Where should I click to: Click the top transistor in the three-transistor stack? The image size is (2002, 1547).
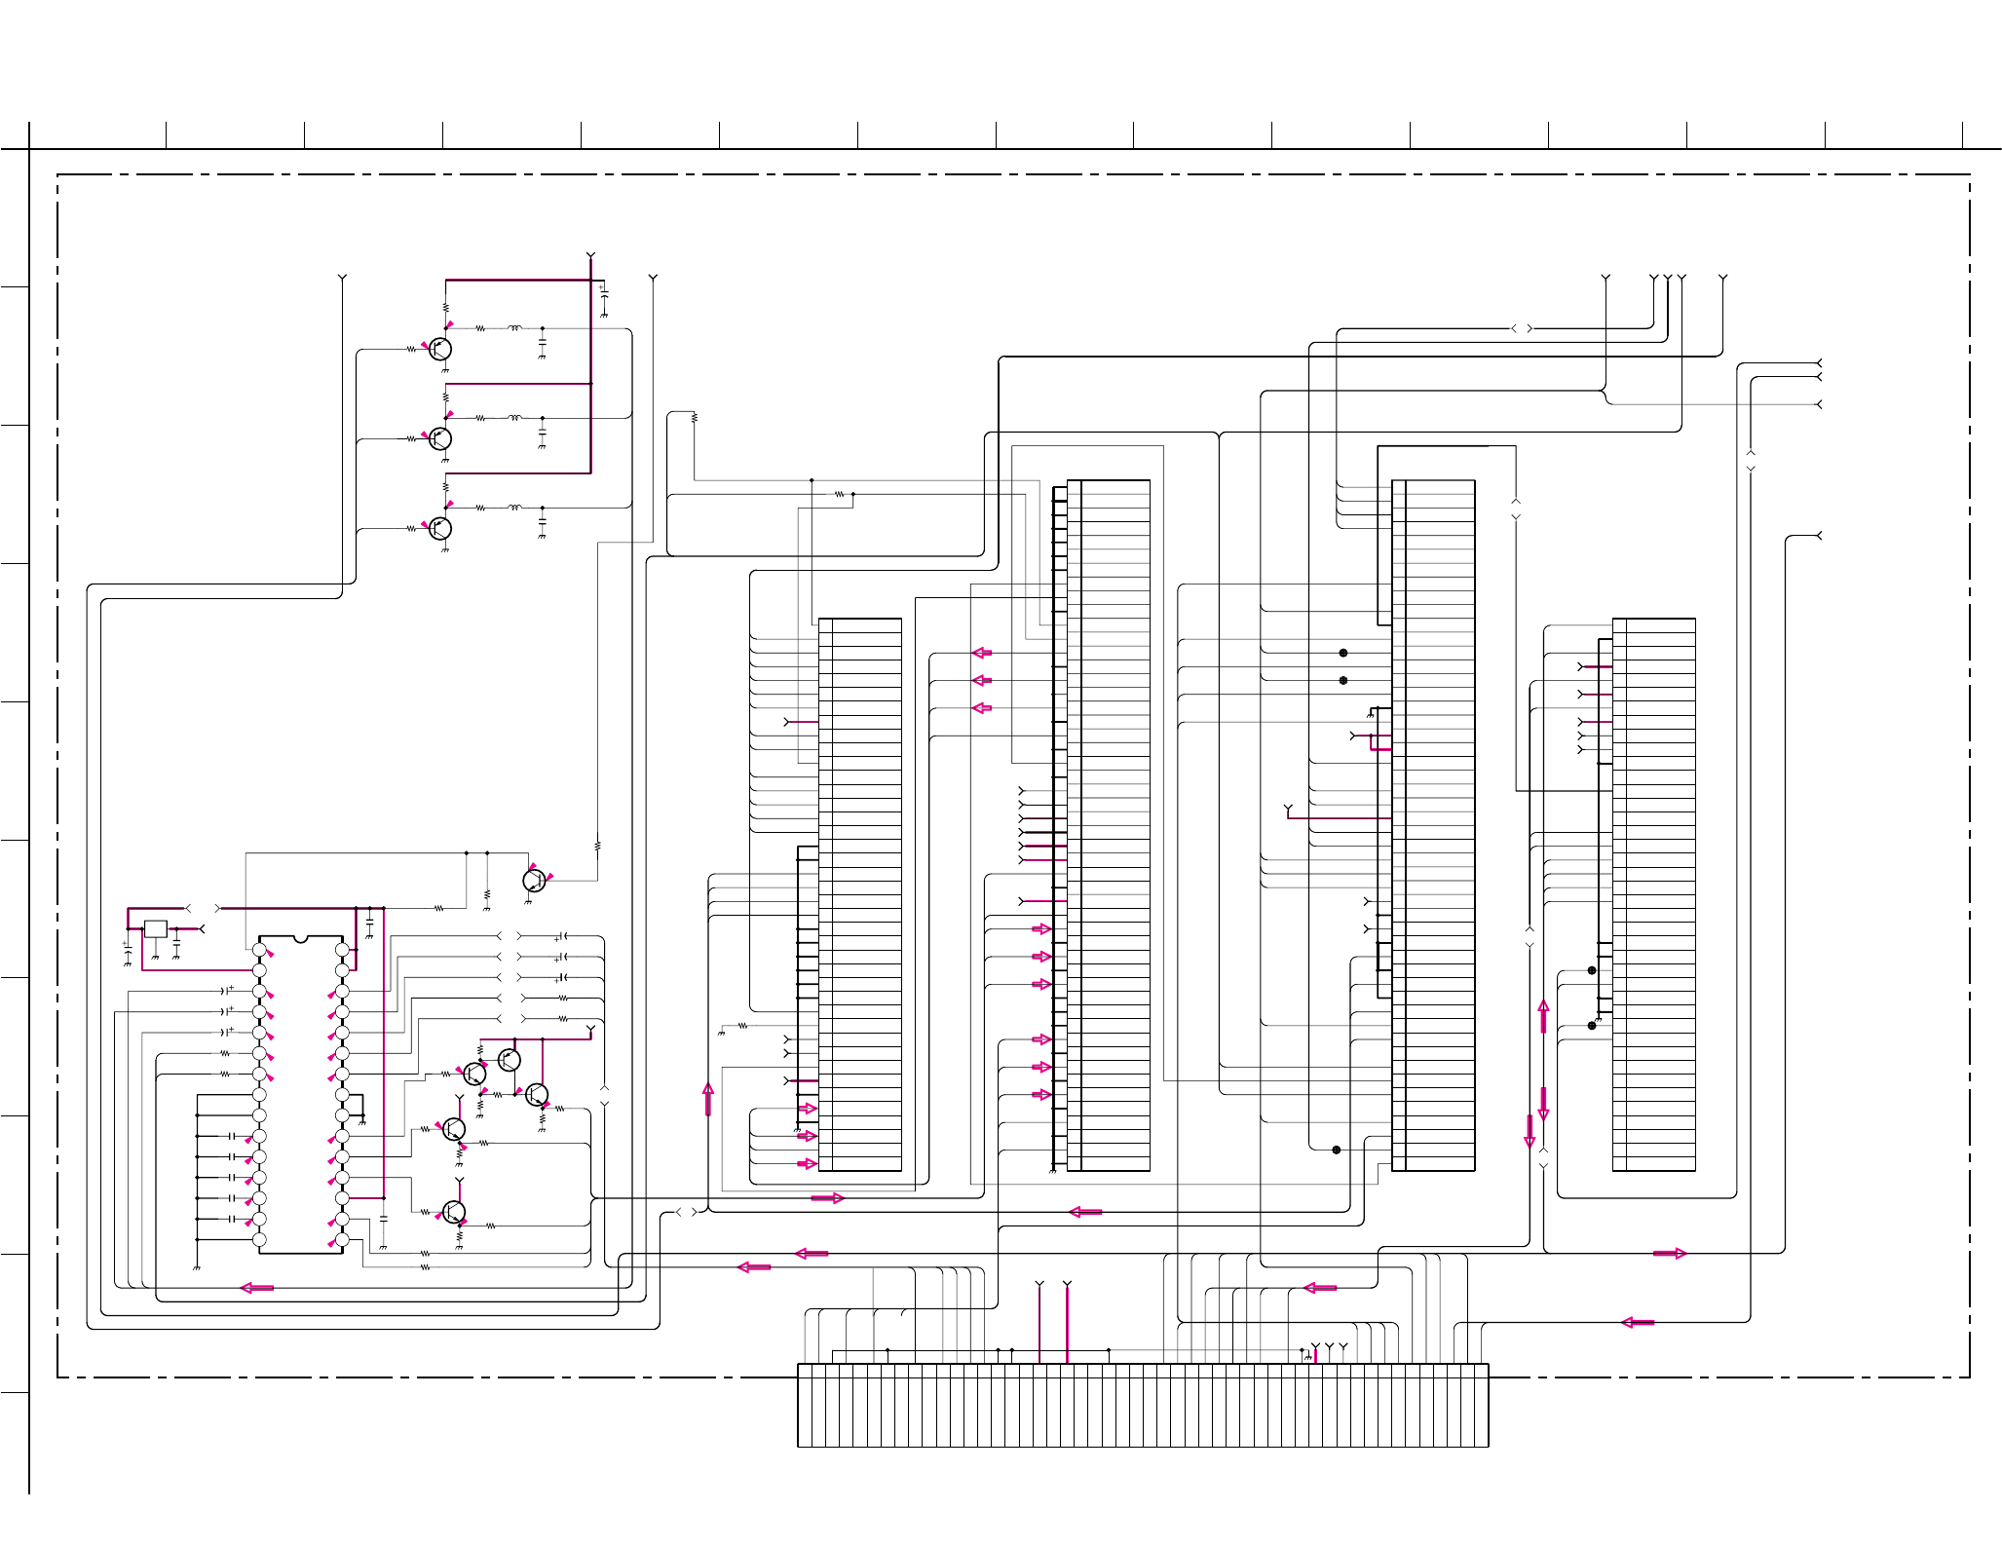440,349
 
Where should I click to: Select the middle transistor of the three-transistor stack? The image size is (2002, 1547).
440,438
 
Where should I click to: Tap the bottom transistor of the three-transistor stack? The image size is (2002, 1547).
440,529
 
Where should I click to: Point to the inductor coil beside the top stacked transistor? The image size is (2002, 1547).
514,328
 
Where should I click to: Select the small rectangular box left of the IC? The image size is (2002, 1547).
156,929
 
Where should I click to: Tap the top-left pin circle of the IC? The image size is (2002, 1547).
259,950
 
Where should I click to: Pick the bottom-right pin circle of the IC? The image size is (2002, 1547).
342,1240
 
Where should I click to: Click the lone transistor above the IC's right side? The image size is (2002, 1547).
534,881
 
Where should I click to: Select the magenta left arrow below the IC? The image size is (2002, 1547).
257,1288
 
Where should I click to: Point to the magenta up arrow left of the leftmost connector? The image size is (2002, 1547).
708,1099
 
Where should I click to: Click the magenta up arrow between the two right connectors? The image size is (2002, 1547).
1543,1016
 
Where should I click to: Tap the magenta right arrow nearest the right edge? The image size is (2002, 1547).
1670,1254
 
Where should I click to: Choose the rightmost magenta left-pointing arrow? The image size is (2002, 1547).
1638,1322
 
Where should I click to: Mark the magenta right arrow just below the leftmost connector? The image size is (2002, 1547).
827,1198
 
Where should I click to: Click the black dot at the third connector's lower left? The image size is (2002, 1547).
1337,1150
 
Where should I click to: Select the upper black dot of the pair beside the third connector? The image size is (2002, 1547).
1343,653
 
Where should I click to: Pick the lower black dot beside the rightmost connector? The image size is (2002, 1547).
1592,1025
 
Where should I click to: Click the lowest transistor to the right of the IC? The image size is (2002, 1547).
454,1213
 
